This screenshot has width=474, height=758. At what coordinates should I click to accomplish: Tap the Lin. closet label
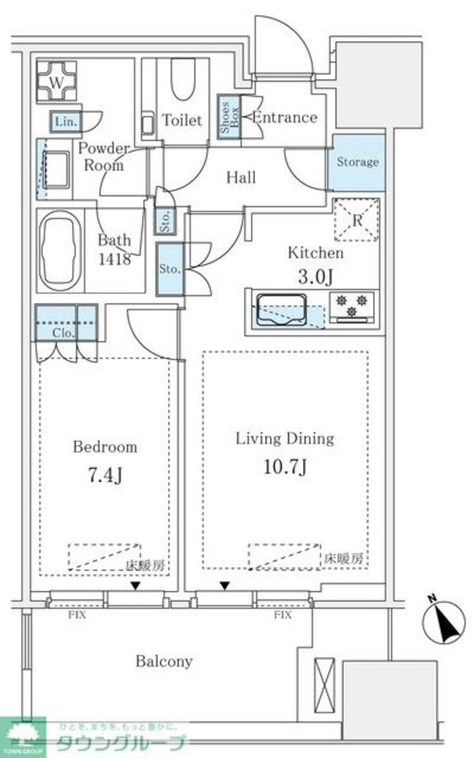pos(64,122)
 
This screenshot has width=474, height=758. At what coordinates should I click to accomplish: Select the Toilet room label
pos(182,121)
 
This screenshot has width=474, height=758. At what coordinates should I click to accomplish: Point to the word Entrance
pos(284,118)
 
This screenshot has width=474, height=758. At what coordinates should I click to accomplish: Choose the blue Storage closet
pos(357,163)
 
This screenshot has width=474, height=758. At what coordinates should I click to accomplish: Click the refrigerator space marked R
pos(356,220)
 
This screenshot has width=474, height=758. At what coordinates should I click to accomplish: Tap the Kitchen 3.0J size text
pos(314,276)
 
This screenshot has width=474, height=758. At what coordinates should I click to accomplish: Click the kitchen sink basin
pos(280,308)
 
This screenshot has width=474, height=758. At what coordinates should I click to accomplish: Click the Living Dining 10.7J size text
pos(285,466)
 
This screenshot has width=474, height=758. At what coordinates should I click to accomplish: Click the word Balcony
pos(163,662)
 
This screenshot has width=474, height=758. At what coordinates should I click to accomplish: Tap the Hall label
pos(241,178)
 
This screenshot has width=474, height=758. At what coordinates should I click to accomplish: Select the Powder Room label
pos(103,156)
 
